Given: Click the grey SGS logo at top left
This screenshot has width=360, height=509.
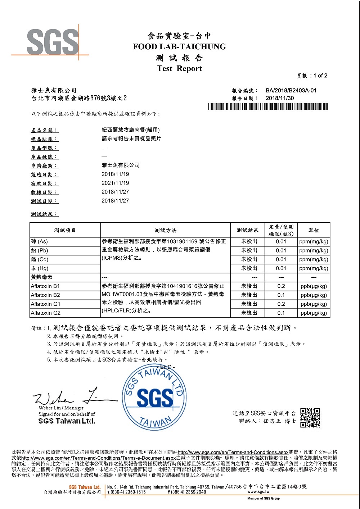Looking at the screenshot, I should [x=53, y=42].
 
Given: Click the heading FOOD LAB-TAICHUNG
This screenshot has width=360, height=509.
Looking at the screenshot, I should [x=179, y=47].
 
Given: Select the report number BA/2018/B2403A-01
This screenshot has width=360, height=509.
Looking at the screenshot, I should [x=291, y=91].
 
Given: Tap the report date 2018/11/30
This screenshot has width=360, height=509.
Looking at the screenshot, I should [x=279, y=98].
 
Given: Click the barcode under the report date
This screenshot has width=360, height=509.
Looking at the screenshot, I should [x=268, y=106].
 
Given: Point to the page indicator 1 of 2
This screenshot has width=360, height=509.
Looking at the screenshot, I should [x=320, y=76].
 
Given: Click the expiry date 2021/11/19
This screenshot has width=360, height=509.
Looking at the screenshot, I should [x=115, y=183].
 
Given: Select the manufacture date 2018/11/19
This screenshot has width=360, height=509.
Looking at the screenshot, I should [x=115, y=174].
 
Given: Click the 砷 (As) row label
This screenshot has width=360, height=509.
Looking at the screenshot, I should [x=39, y=242].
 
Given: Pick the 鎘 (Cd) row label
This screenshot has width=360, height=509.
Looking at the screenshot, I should [x=40, y=259].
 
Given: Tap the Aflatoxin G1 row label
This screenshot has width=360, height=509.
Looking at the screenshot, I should [x=45, y=304].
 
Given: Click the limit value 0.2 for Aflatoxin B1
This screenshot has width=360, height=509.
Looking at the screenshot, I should [x=281, y=286].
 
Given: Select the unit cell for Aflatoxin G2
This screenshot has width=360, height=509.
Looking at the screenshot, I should [x=314, y=313].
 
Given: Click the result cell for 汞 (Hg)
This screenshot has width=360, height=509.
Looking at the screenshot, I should [x=249, y=268].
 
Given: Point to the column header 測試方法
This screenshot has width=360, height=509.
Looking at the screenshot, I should [x=165, y=230].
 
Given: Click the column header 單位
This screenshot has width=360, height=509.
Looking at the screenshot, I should [x=314, y=230].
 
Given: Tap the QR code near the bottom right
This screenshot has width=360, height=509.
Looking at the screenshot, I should [x=310, y=418].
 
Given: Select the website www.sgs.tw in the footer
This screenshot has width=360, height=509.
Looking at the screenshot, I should [x=258, y=492].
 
